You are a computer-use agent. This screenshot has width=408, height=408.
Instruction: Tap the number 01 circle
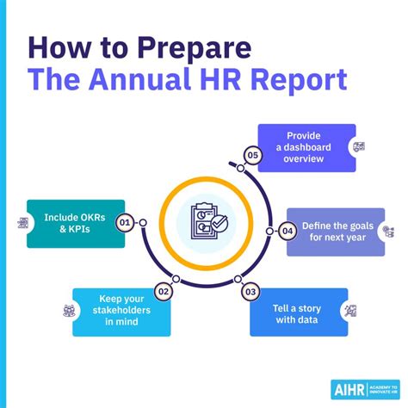126,223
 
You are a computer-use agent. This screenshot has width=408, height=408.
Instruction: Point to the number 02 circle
164,291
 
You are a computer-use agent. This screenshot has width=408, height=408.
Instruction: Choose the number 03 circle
250,291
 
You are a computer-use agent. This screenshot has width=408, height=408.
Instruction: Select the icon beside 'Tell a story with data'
350,311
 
